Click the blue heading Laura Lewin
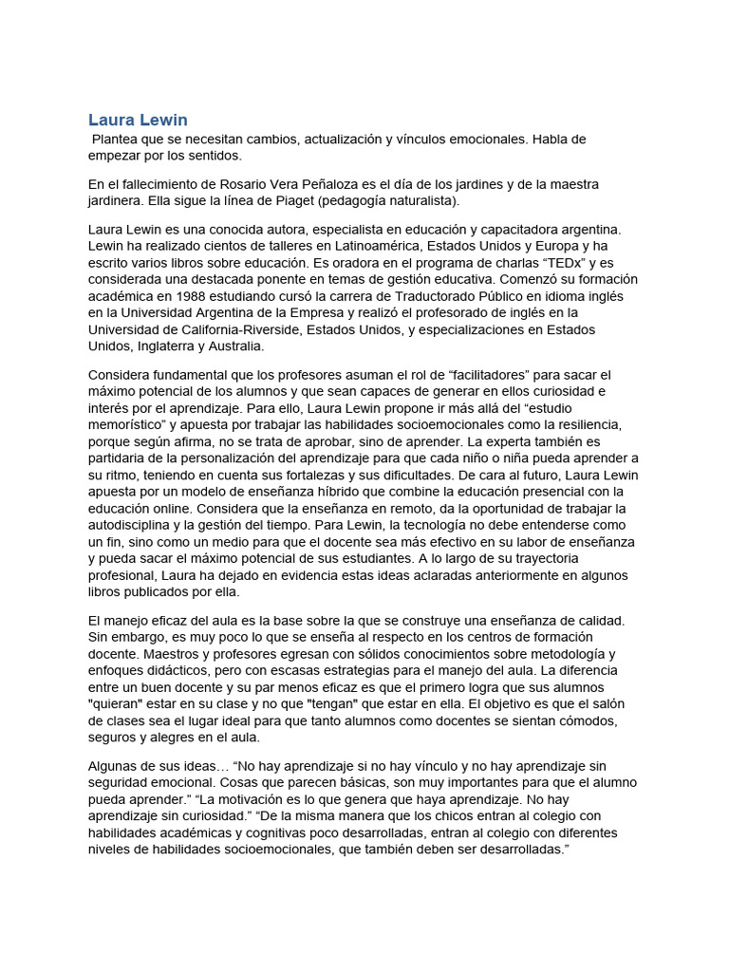[x=138, y=120]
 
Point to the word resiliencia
[x=582, y=424]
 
